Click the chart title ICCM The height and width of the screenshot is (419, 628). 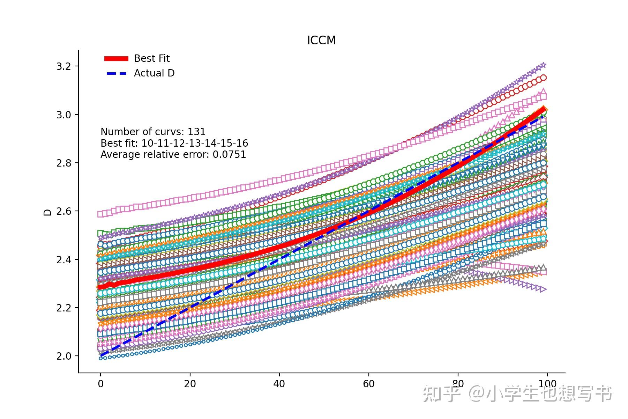pos(321,41)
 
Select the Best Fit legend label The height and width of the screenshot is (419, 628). pos(152,58)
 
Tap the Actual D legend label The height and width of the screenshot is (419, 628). pos(154,73)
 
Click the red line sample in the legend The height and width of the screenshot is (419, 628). pos(117,59)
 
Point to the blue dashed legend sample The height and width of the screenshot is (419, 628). pos(117,73)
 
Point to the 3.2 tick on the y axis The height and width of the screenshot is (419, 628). pos(63,66)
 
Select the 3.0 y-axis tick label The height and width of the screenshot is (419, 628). pos(63,115)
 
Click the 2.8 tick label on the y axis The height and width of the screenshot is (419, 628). pos(63,163)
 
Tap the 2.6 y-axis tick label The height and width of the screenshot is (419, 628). pos(63,211)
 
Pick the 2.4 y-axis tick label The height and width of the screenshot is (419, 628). pos(63,260)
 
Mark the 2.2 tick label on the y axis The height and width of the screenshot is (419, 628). pos(63,308)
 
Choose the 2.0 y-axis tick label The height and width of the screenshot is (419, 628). pos(63,356)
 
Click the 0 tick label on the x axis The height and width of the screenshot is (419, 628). pos(101,384)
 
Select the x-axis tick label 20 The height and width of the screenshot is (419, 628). pos(190,384)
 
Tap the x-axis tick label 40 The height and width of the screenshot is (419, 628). pos(279,384)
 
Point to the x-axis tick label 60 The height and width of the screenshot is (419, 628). pos(369,384)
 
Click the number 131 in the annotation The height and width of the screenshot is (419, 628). pos(196,132)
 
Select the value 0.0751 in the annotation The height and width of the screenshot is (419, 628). pos(229,154)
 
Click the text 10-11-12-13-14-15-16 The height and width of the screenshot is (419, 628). pos(195,143)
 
